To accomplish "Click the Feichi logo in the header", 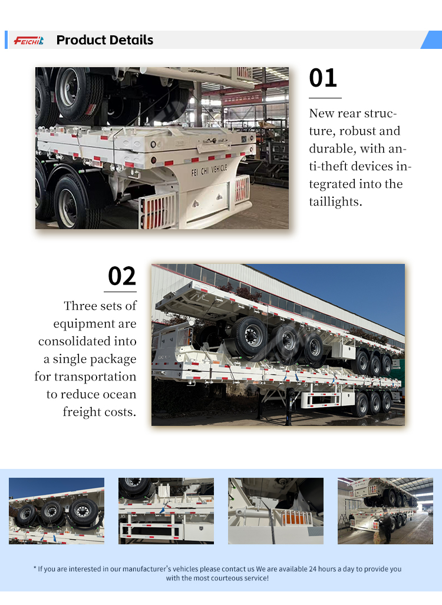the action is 28,40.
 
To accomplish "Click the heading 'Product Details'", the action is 105,40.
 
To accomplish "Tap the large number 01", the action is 323,78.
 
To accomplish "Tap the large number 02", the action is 122,276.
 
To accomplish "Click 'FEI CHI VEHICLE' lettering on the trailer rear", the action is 209,170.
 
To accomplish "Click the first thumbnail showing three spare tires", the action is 57,511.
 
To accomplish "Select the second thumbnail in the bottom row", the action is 166,511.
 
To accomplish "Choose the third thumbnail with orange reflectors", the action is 276,511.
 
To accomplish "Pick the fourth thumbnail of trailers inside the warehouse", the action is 385,511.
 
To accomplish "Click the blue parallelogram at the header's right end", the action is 432,39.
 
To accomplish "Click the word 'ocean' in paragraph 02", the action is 120,394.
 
